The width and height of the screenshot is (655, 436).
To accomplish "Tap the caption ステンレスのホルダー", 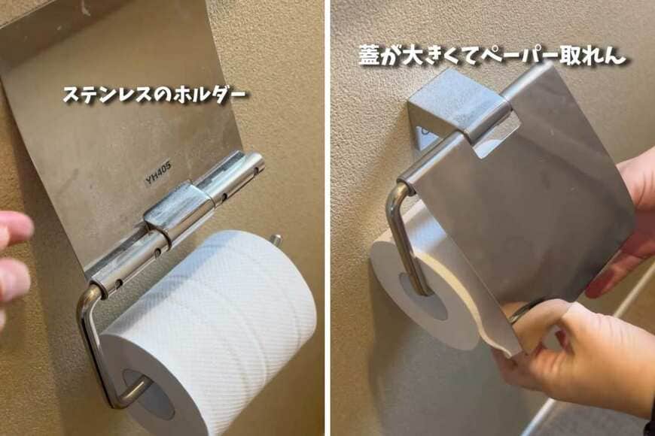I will (x=154, y=95).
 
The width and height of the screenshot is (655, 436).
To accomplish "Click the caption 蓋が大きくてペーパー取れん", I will (x=492, y=56).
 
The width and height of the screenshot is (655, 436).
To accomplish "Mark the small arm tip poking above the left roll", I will (x=276, y=241).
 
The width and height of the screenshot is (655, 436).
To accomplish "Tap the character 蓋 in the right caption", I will (x=370, y=56).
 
